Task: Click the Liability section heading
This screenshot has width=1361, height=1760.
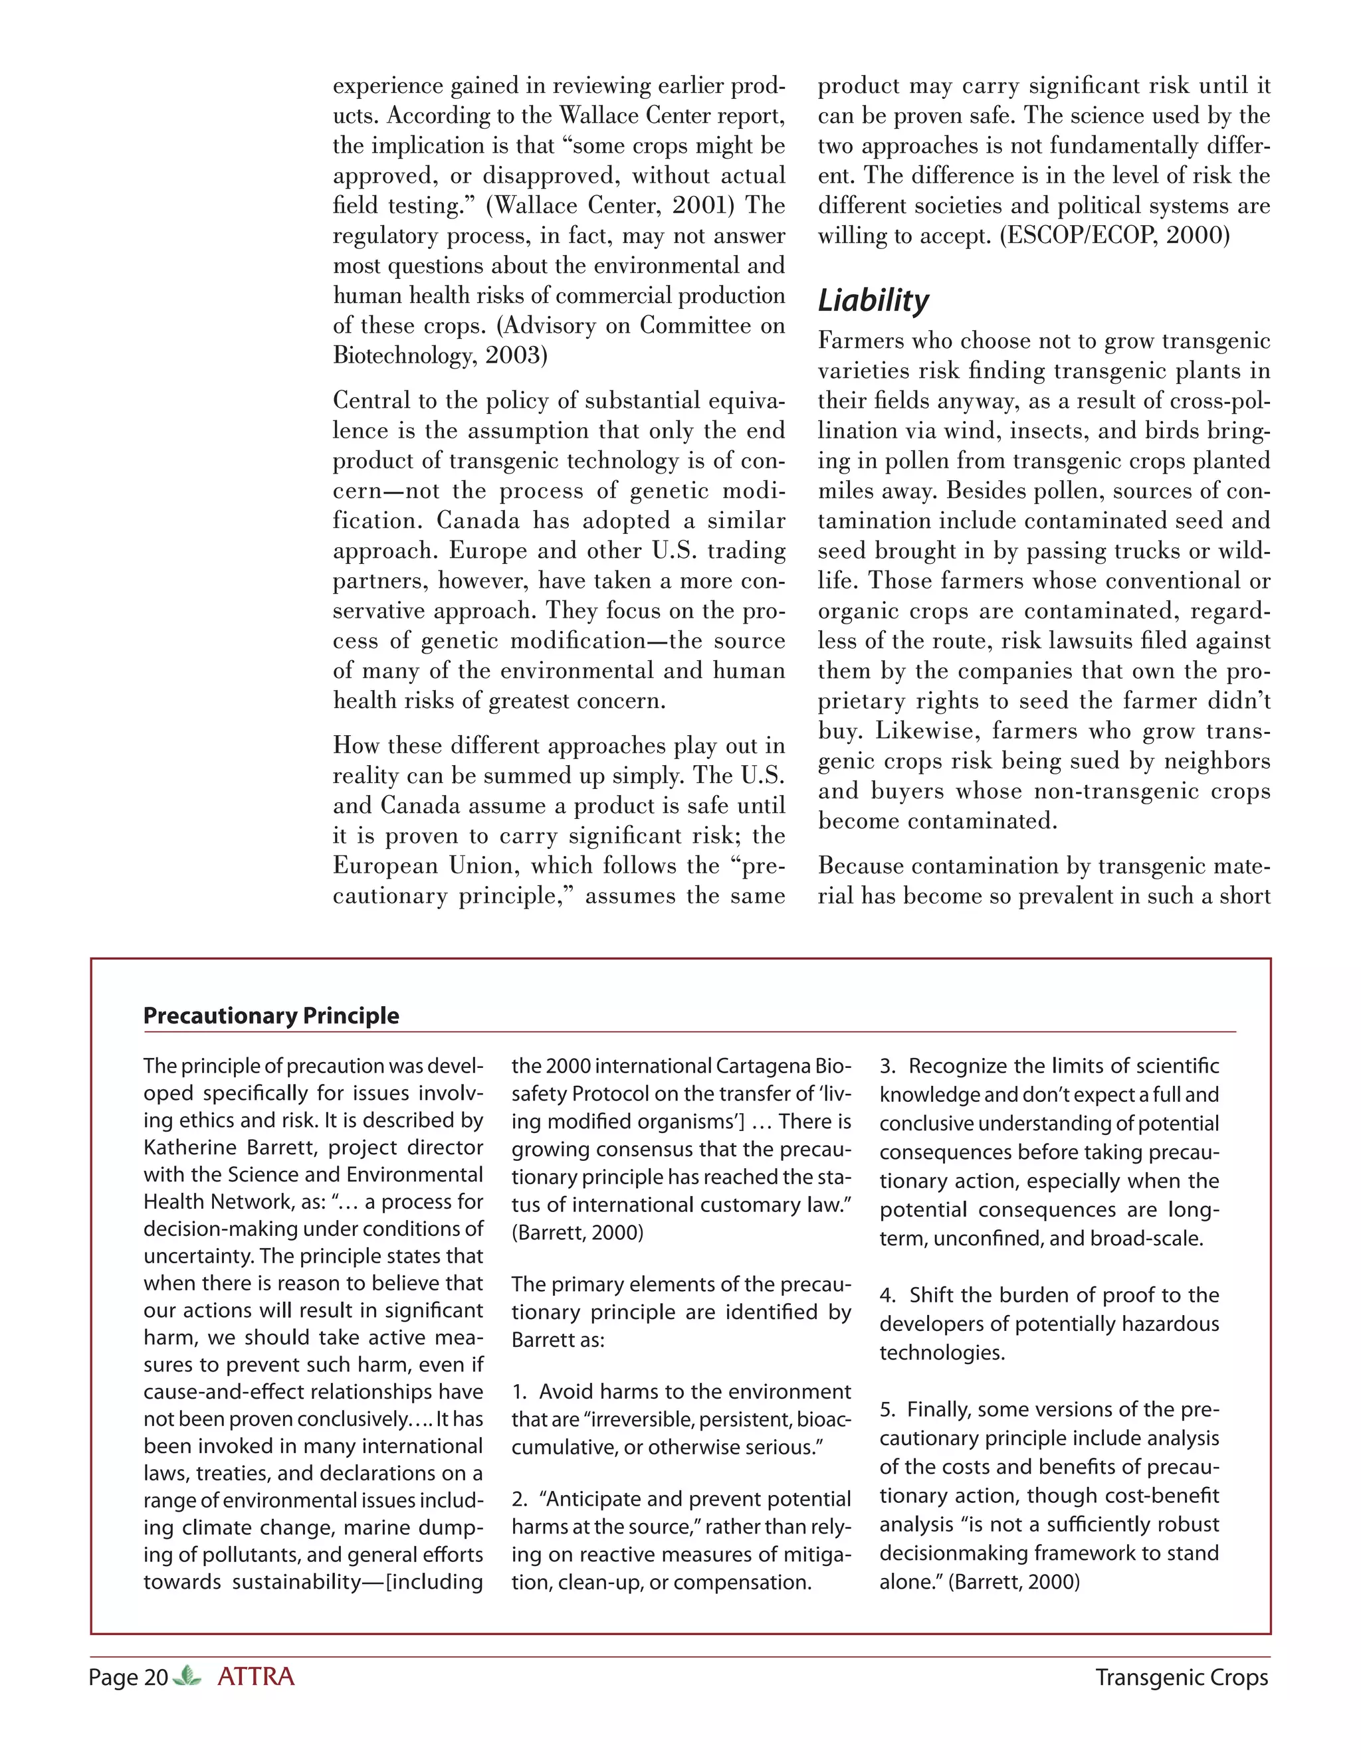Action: coord(873,301)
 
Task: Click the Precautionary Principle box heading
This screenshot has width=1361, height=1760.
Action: coord(271,1015)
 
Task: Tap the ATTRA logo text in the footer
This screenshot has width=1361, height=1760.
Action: coord(256,1677)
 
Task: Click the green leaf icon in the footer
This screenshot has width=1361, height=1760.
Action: coord(187,1676)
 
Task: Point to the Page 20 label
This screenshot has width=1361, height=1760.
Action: coord(128,1678)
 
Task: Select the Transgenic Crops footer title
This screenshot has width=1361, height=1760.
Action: coord(1181,1678)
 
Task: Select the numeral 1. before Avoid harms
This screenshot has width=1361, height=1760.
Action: coord(520,1391)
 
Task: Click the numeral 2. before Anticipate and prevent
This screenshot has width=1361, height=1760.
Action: coord(520,1499)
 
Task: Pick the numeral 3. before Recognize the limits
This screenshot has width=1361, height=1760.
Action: coord(888,1066)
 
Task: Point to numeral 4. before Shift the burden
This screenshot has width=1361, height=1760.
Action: coord(888,1295)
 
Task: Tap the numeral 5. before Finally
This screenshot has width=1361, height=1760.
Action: coord(888,1409)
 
